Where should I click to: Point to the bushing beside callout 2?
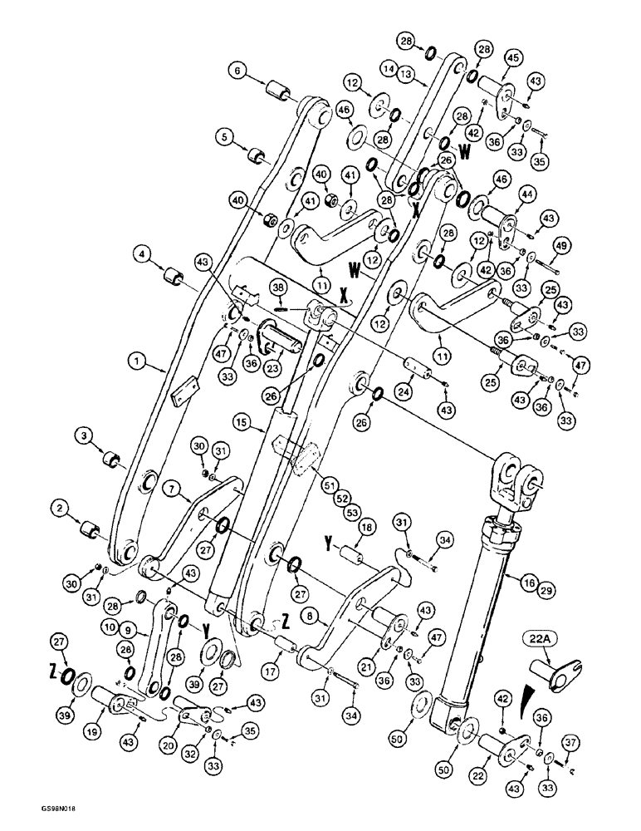tap(89, 528)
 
